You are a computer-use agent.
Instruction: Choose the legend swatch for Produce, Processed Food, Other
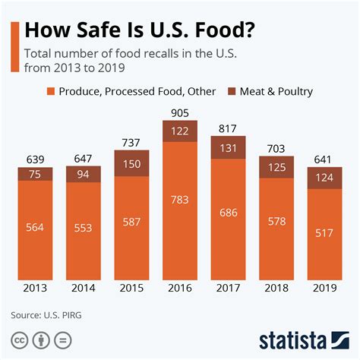(x=53, y=91)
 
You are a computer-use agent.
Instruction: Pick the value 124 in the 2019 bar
(x=326, y=178)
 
